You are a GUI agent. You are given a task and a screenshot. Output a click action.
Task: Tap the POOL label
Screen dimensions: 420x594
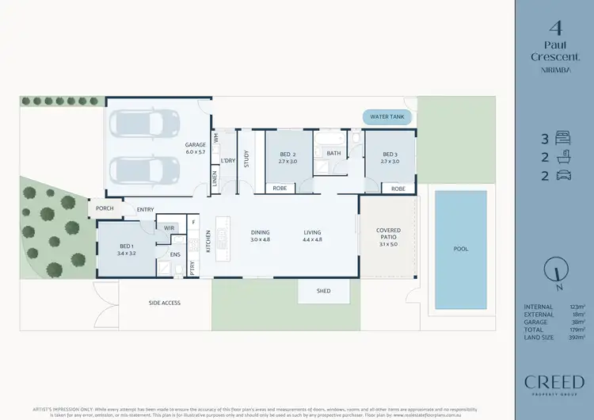(x=460, y=249)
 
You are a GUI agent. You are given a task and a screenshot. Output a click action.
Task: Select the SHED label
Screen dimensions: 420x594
(x=323, y=291)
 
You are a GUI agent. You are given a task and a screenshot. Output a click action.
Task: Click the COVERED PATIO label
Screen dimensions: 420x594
(x=388, y=234)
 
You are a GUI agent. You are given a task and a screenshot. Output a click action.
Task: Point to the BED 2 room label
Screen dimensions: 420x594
(x=287, y=157)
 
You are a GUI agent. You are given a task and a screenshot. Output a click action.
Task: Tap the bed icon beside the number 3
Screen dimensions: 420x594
(x=563, y=137)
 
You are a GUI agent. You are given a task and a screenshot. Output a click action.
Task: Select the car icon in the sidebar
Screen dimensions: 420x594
(x=563, y=175)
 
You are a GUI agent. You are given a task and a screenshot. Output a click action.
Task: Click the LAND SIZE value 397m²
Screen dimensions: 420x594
(x=578, y=337)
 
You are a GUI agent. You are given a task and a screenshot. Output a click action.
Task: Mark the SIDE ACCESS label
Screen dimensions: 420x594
(x=165, y=303)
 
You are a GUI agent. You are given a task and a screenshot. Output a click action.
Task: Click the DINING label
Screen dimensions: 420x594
(x=261, y=235)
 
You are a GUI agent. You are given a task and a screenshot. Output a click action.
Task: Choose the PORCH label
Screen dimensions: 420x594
(x=105, y=208)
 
